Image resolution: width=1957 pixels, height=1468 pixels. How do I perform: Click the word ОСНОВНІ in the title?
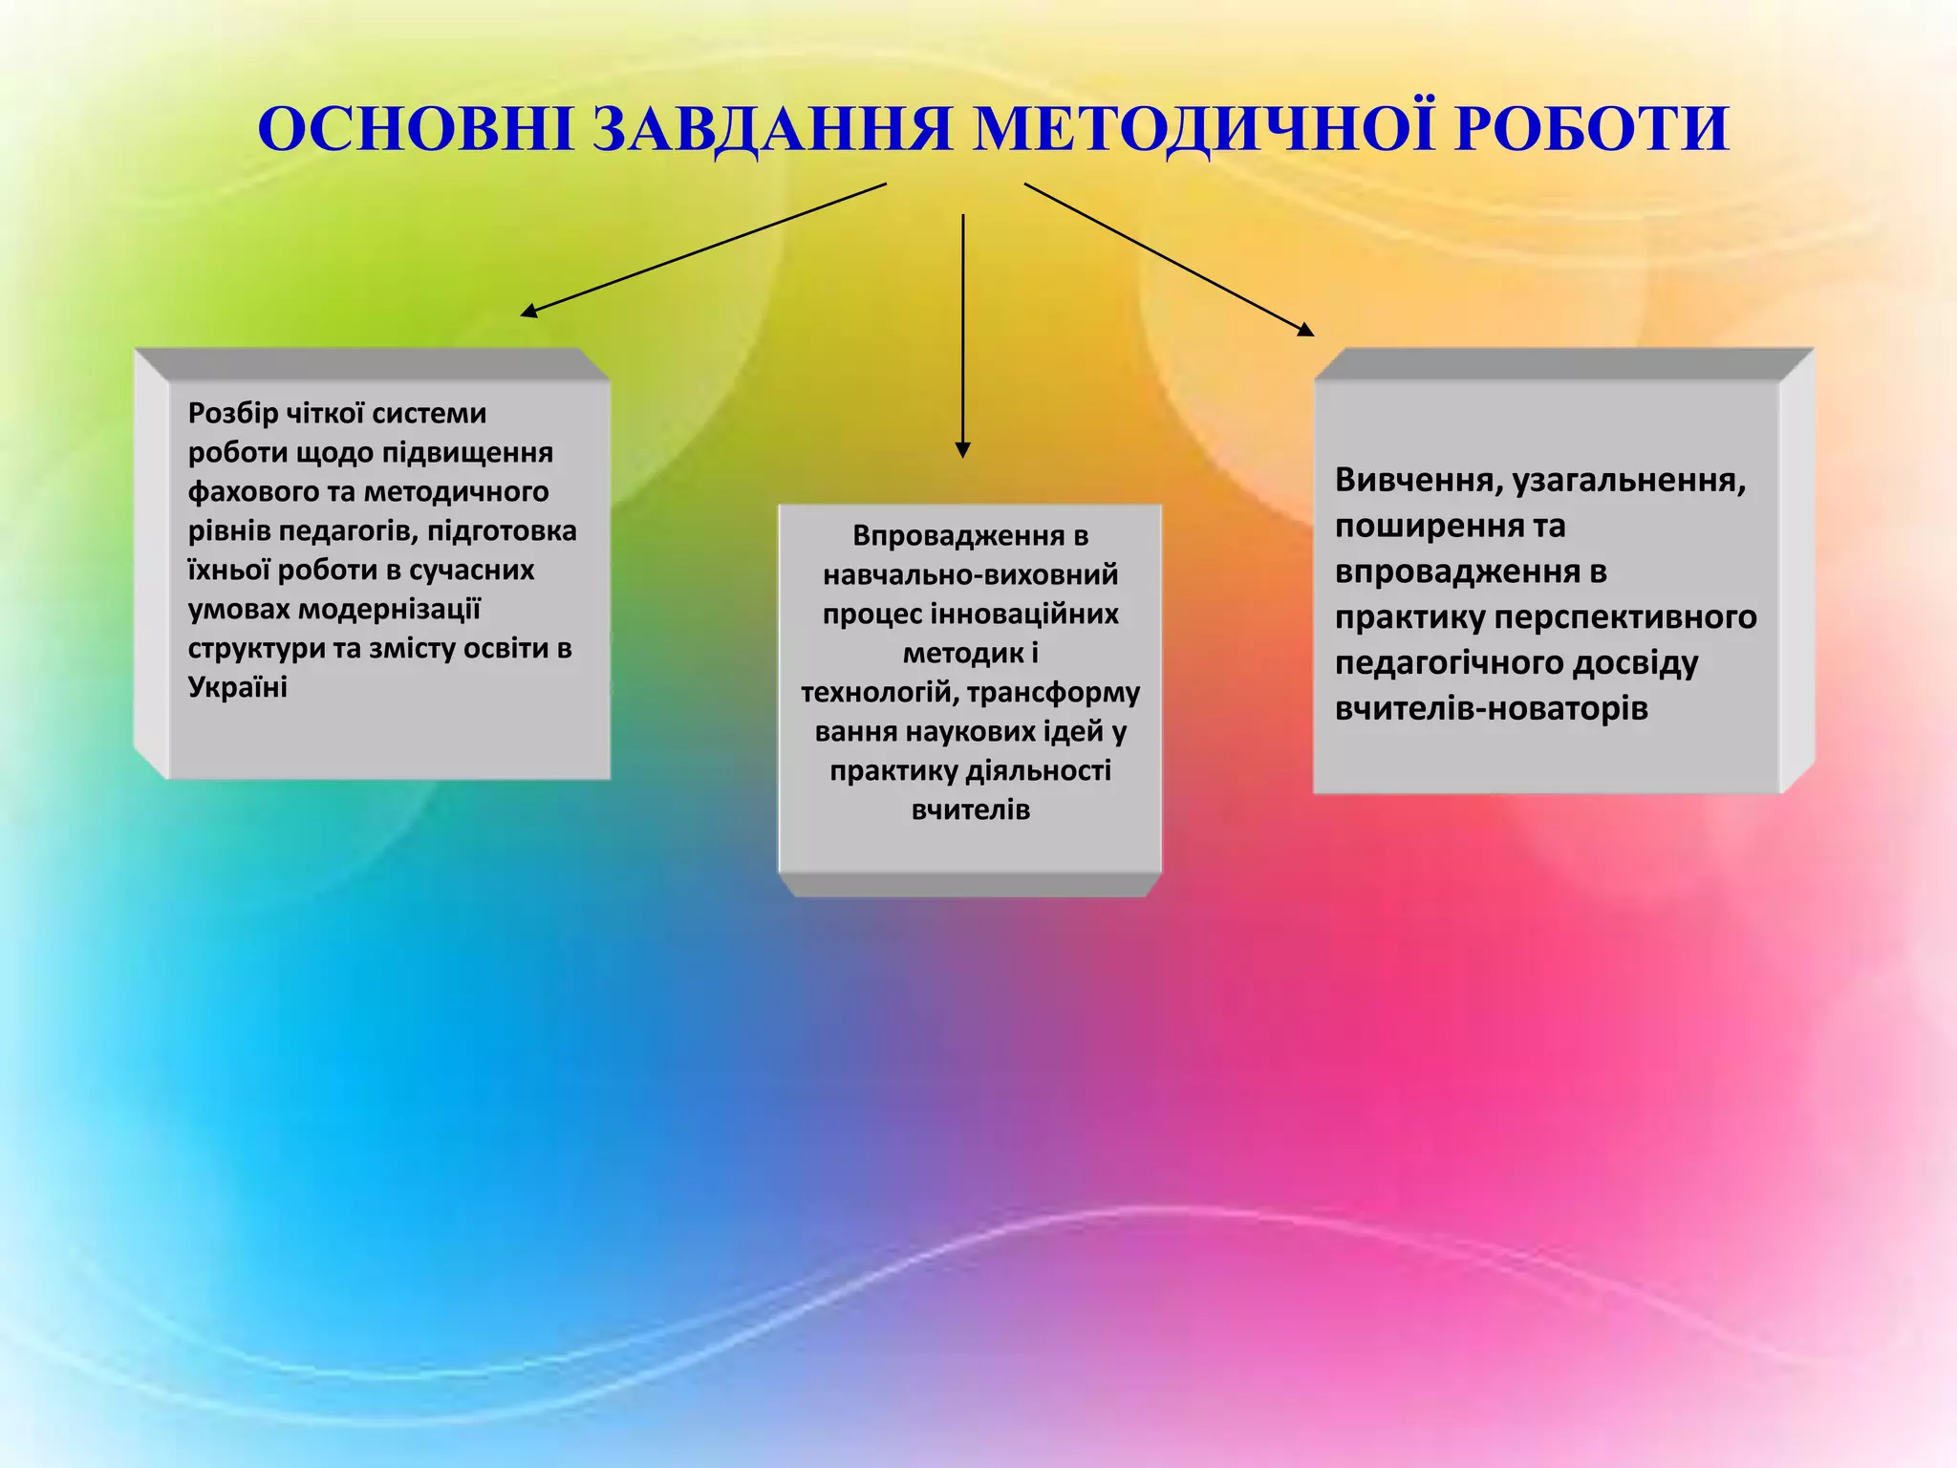tap(415, 129)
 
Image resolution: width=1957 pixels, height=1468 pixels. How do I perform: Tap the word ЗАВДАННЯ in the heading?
tap(772, 129)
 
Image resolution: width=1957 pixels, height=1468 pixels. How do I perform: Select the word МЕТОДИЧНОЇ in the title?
tap(1204, 129)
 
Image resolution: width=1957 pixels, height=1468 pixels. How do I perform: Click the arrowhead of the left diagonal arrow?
tap(527, 311)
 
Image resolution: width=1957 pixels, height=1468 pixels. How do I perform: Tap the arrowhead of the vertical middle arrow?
tap(963, 449)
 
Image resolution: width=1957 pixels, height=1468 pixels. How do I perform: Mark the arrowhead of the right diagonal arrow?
tap(1306, 330)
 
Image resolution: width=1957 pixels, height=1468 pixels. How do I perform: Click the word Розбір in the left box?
tap(233, 414)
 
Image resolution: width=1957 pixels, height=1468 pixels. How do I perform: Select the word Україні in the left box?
tap(237, 687)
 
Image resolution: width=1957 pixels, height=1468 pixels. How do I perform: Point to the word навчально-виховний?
tap(970, 575)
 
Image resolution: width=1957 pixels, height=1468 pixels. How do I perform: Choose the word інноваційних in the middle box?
tap(1024, 615)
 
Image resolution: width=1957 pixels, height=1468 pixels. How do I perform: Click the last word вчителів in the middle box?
tap(970, 810)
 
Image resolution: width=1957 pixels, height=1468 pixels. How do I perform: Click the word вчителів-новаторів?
tap(1492, 709)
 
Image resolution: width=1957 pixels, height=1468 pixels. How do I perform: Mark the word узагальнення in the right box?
tap(1629, 480)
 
